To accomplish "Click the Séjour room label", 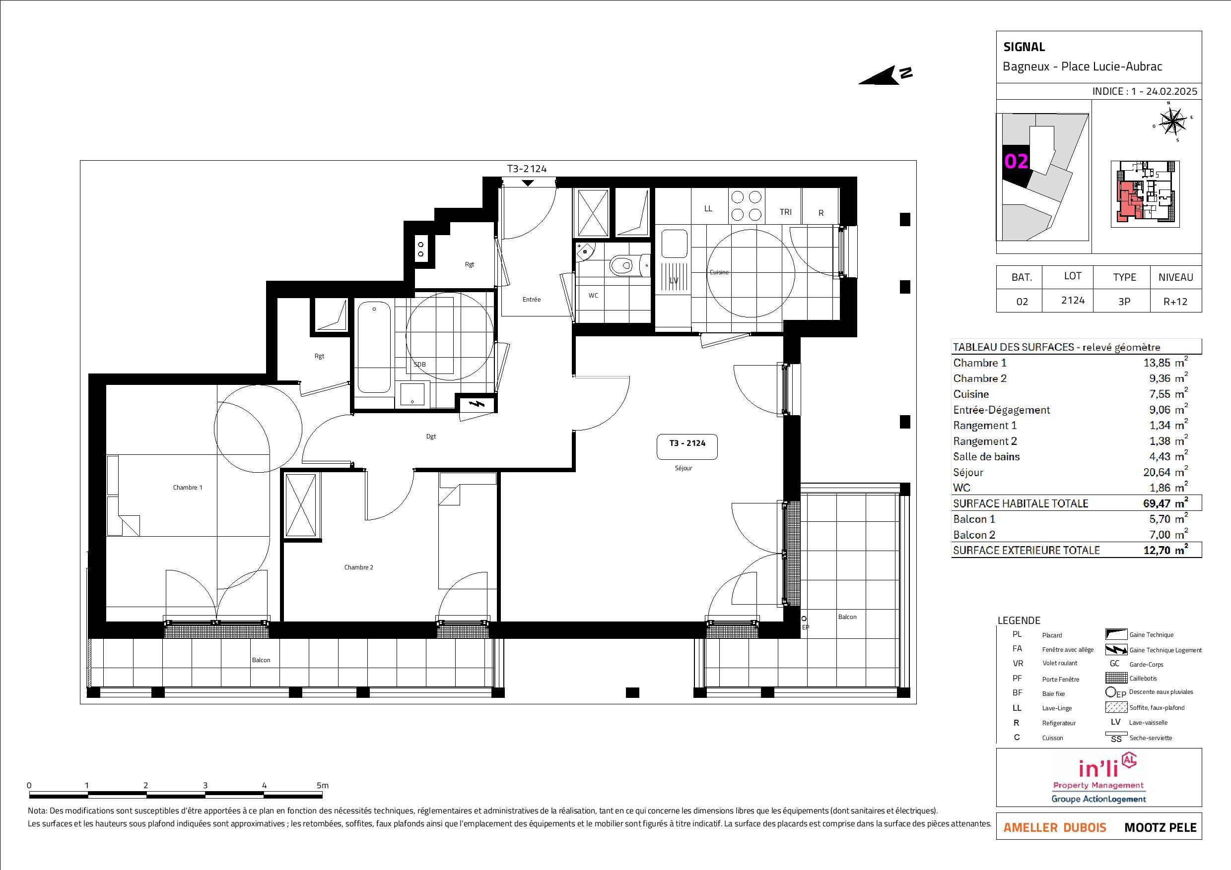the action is pos(683,468).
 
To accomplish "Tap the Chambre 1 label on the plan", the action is pos(188,488).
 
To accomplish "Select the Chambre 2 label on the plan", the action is pos(359,567).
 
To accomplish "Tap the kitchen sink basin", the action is pos(674,244).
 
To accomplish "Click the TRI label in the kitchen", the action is pos(785,212).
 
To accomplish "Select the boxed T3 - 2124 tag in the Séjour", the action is pos(687,447).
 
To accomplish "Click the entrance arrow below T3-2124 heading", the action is pos(528,183).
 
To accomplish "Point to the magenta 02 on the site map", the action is pos(1016,161).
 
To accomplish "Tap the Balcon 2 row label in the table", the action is pos(974,535).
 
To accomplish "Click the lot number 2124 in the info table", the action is pos(1073,300).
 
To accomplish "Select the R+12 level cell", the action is pos(1175,302).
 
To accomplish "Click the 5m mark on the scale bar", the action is pos(322,785).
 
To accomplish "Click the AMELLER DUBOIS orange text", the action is pos(1055,828).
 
